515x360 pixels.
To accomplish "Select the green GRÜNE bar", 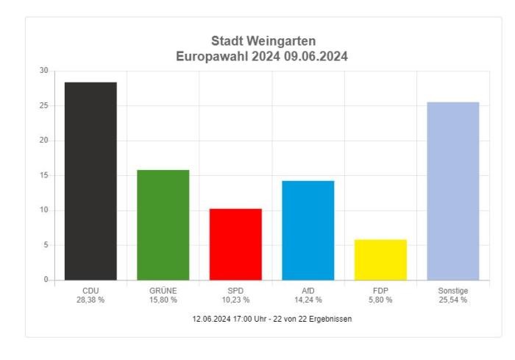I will [x=163, y=225].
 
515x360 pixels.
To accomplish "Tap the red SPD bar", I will [x=235, y=244].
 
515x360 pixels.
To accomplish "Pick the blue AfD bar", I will [x=308, y=230].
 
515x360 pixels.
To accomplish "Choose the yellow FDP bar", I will [x=380, y=260].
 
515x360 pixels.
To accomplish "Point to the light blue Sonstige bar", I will [x=453, y=191].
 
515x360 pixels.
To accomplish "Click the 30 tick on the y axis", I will [x=43, y=71].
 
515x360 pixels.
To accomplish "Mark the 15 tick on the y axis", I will [x=43, y=175].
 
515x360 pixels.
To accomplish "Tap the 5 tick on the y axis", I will [x=45, y=245].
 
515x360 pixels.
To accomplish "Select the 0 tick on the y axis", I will [x=45, y=280].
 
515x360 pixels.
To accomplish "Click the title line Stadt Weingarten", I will [x=263, y=40].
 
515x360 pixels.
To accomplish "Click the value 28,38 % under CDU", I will [x=90, y=300].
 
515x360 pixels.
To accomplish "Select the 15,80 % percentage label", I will [x=163, y=300].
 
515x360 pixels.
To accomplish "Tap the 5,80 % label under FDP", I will [x=380, y=300].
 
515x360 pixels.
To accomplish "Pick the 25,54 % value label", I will [x=453, y=300].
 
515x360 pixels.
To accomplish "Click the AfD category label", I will [x=308, y=291].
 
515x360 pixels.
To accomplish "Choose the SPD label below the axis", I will [x=235, y=291].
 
